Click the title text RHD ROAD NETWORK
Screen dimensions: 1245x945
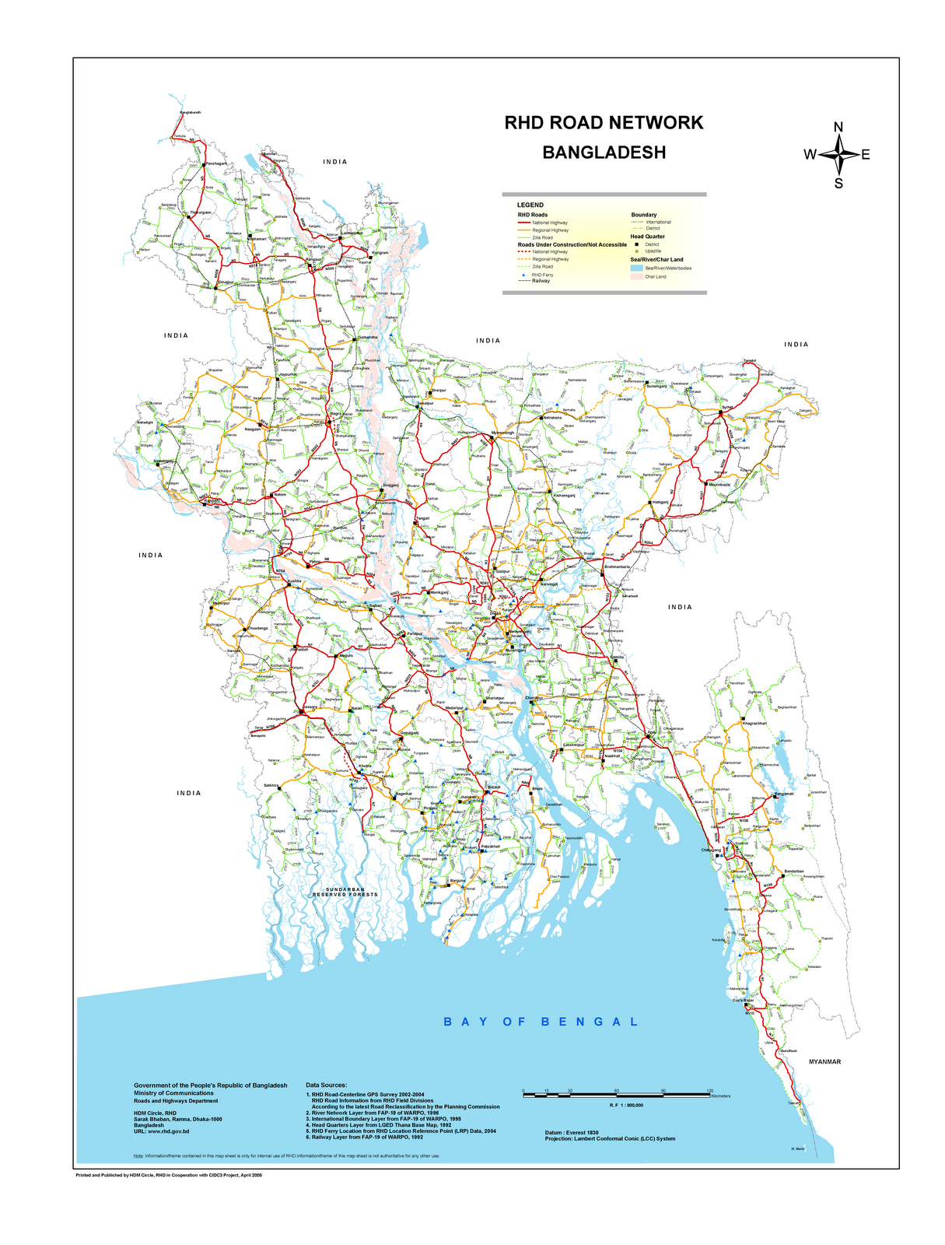point(604,123)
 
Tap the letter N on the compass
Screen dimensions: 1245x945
point(838,128)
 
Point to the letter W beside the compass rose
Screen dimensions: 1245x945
point(810,155)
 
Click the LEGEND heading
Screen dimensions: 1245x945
point(530,205)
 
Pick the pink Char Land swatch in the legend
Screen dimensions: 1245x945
point(637,276)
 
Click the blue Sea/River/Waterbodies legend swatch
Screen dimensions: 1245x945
point(637,268)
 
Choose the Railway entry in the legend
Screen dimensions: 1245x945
point(541,281)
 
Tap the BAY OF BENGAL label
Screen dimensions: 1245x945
point(541,1022)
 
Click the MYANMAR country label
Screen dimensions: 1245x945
point(825,1061)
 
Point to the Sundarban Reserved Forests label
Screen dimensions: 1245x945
point(345,892)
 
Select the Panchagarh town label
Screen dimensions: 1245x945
point(215,163)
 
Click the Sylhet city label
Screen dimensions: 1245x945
point(728,407)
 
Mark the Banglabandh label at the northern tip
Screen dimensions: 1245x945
point(191,113)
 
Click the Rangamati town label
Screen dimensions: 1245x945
point(783,794)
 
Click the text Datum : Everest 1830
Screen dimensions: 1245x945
point(572,1131)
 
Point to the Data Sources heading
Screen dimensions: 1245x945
point(327,1084)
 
